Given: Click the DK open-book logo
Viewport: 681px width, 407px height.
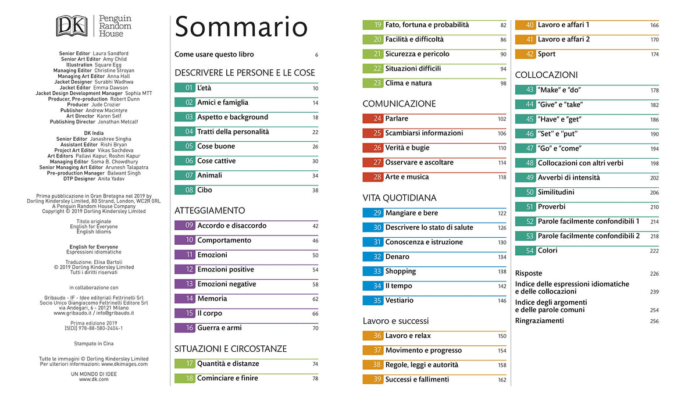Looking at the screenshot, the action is (x=72, y=26).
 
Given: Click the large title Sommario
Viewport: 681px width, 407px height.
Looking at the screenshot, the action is (x=241, y=27).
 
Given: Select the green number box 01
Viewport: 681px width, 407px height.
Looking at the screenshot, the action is (x=184, y=88).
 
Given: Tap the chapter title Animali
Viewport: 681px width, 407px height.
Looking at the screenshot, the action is (x=209, y=176).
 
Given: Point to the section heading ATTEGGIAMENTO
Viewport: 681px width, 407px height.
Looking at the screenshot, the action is (x=210, y=210).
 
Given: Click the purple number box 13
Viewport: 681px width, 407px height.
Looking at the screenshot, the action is (x=184, y=284).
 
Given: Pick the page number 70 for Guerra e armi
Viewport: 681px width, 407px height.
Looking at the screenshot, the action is (x=315, y=329).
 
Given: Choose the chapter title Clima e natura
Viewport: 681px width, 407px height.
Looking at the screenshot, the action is (x=408, y=83).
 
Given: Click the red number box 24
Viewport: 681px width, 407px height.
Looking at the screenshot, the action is (x=373, y=119).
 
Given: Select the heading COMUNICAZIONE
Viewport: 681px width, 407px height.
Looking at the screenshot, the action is (x=399, y=104).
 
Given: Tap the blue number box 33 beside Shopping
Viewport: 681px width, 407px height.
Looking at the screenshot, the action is (x=373, y=272).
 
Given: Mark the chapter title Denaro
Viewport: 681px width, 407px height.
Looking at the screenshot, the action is (x=397, y=257).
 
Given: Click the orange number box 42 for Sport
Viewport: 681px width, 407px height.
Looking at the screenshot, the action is (x=525, y=54).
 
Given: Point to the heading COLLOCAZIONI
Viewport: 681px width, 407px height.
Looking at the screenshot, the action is (x=546, y=75).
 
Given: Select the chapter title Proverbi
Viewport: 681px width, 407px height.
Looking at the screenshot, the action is (x=551, y=207).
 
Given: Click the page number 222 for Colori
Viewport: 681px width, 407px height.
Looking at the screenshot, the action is (x=654, y=251).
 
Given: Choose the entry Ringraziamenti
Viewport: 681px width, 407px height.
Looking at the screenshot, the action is (x=540, y=321).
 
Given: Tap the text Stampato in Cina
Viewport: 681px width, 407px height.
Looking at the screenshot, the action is (x=94, y=344).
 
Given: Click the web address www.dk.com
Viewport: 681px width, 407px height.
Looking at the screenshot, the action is (x=94, y=379).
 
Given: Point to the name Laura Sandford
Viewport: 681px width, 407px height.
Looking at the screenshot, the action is (x=110, y=53).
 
